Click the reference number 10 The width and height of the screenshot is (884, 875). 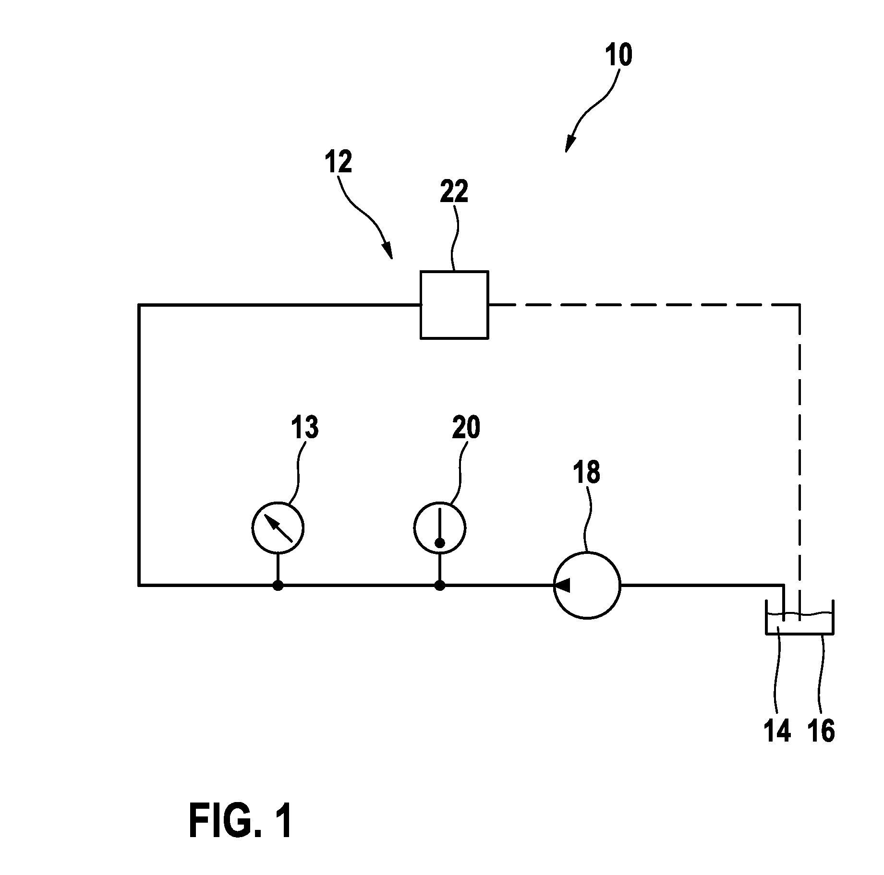click(x=618, y=55)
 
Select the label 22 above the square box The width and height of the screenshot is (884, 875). click(x=454, y=192)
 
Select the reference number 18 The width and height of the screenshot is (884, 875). click(x=586, y=472)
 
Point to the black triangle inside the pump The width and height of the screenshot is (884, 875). click(x=562, y=585)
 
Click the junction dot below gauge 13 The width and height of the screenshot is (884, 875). click(x=278, y=586)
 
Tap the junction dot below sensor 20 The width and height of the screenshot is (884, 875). click(x=439, y=586)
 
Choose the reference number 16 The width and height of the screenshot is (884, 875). click(x=821, y=731)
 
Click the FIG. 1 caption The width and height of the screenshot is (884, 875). click(x=241, y=821)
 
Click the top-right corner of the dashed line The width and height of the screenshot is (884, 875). click(x=799, y=304)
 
